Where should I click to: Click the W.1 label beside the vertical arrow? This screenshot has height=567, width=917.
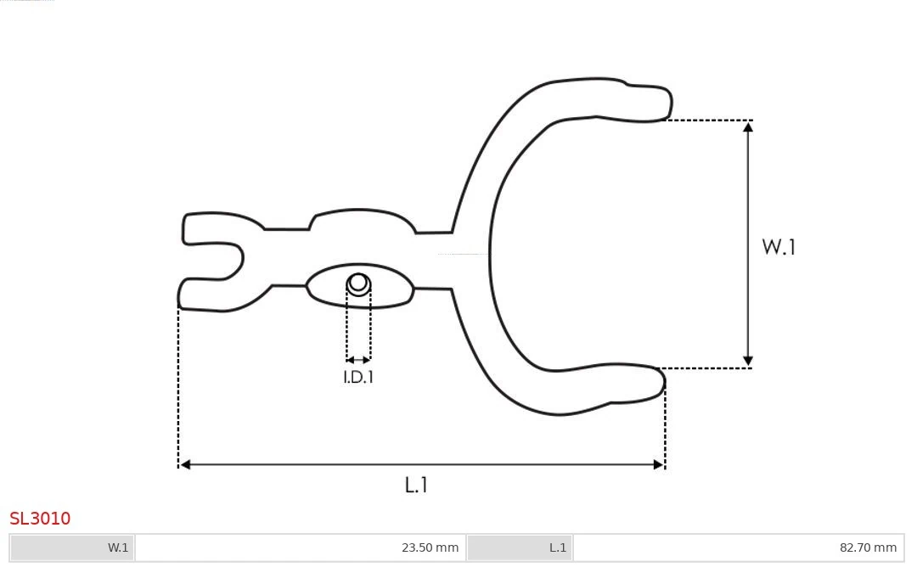click(x=778, y=247)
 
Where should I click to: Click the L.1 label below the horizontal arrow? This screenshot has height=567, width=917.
click(x=416, y=486)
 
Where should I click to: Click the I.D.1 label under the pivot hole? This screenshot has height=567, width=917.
click(x=358, y=378)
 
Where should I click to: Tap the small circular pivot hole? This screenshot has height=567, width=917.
click(x=358, y=283)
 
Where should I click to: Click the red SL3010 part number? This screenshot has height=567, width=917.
click(x=40, y=518)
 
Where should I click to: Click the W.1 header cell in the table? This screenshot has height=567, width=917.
click(x=73, y=547)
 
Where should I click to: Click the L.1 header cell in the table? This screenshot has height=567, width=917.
click(x=520, y=547)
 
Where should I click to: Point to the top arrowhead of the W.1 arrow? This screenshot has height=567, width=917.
click(x=748, y=126)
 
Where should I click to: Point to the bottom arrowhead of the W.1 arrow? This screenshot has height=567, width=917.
click(x=748, y=362)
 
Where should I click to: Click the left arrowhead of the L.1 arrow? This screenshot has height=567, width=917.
click(x=185, y=464)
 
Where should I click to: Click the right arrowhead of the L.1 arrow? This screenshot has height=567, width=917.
click(x=658, y=464)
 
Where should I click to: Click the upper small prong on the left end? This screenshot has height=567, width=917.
click(x=204, y=228)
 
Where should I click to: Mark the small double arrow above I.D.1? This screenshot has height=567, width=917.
click(x=358, y=360)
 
